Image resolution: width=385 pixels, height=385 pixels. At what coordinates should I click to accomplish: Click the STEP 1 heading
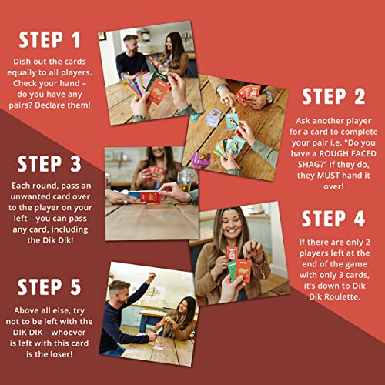tap(49, 40)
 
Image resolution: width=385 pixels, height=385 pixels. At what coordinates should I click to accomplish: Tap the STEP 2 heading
tap(333, 96)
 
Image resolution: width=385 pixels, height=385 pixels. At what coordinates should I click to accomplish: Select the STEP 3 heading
tap(49, 163)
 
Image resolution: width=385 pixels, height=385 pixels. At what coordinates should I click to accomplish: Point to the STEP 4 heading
tap(333, 219)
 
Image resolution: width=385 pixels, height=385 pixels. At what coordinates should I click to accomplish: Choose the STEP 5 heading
tap(49, 286)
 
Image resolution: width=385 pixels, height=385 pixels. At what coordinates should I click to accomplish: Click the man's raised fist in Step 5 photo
tap(152, 277)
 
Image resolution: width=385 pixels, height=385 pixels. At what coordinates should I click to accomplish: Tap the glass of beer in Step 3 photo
tap(184, 181)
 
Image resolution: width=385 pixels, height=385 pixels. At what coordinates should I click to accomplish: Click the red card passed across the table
tap(150, 198)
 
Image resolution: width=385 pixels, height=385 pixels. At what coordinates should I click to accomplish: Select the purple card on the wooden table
tap(201, 159)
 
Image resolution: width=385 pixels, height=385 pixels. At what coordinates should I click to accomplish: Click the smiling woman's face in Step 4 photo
tap(231, 225)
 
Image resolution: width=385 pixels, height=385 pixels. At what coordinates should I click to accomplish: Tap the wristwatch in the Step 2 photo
tap(269, 97)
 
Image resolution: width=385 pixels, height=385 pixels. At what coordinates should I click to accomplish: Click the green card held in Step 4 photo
tap(232, 270)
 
